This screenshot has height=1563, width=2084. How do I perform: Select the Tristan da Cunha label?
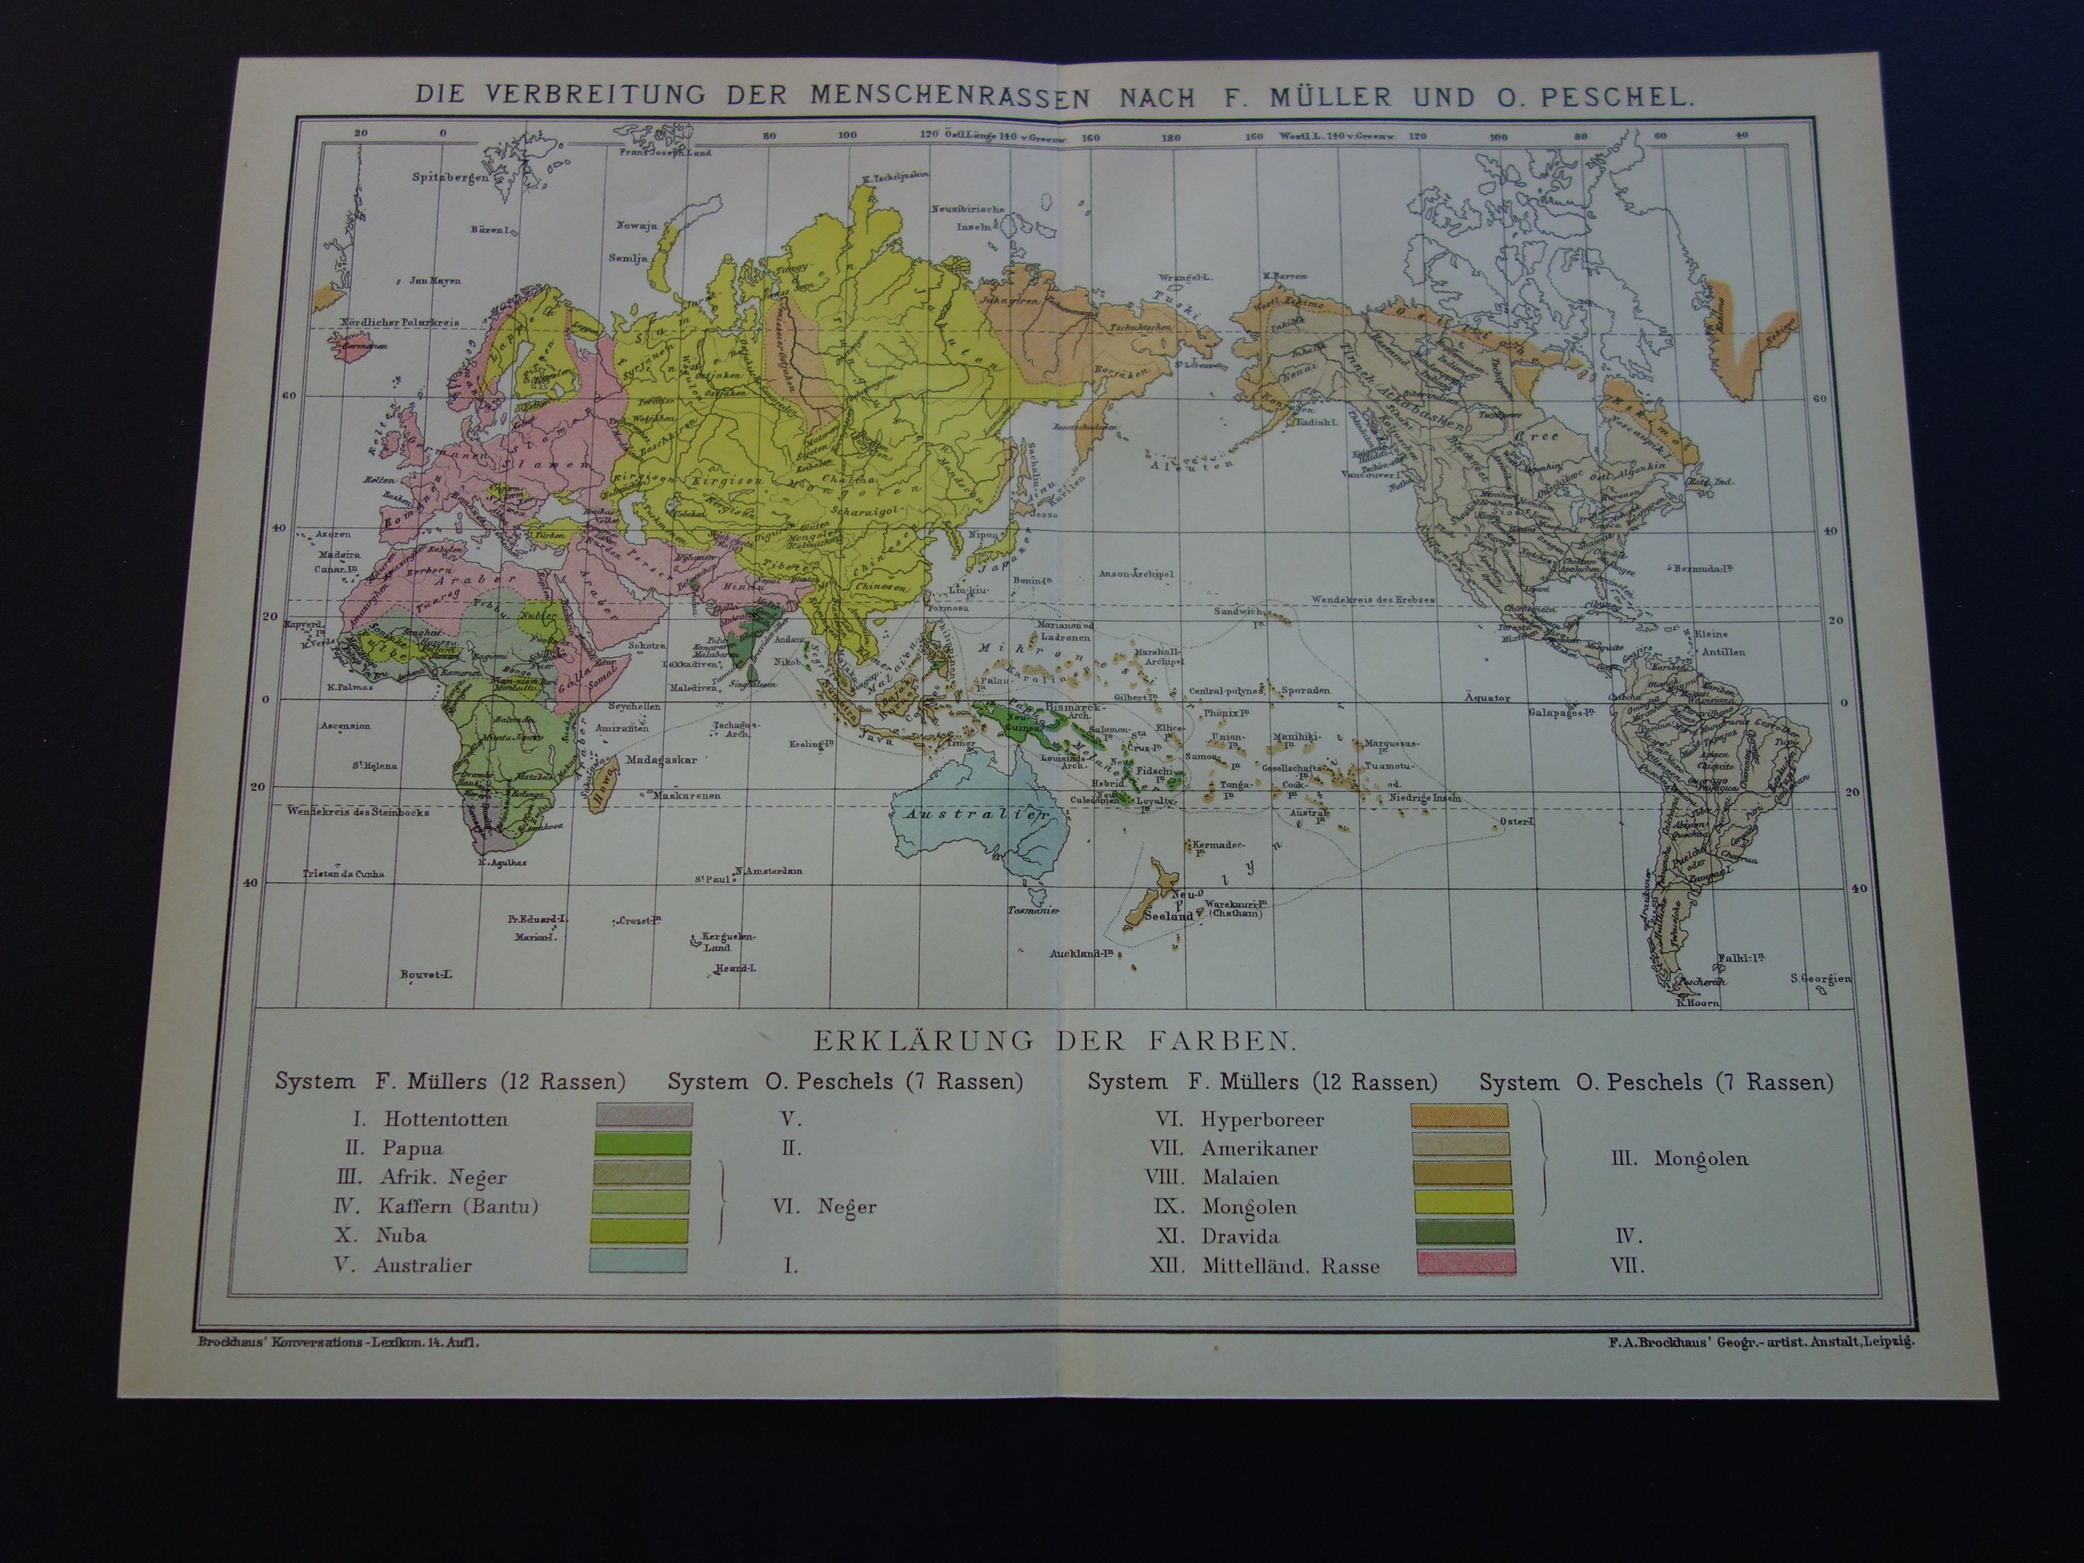344,873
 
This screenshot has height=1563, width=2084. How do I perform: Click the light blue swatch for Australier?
638,1261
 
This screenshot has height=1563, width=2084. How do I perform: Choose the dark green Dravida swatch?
1465,1233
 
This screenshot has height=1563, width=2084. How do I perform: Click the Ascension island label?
346,726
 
